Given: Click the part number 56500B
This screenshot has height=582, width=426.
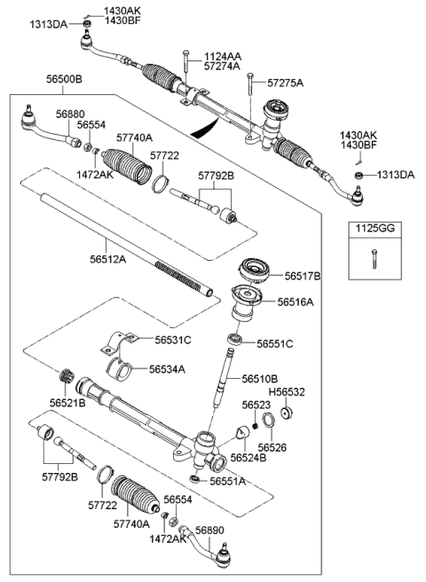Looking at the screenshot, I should click(x=64, y=79).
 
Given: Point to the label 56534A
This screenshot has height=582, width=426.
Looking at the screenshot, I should click(x=167, y=369).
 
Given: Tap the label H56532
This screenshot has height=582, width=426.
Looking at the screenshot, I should click(x=286, y=391).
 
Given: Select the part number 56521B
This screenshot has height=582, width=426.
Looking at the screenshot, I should click(x=68, y=403).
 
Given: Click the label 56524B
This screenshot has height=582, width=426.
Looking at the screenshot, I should click(x=248, y=458).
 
